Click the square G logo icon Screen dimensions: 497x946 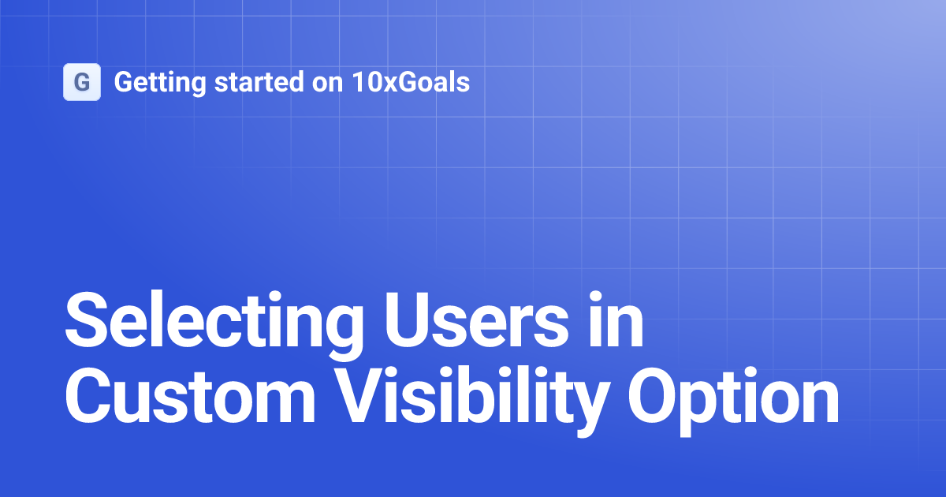coord(82,82)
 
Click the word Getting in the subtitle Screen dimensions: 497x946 coord(151,82)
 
